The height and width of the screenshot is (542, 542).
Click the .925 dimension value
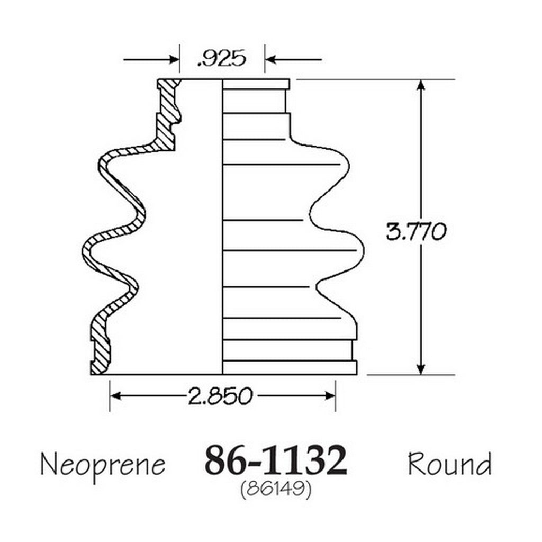coord(222,58)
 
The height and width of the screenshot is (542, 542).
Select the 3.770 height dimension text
coord(416,231)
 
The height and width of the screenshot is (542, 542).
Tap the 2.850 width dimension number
coord(220,396)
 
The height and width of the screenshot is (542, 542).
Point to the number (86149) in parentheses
coord(275,489)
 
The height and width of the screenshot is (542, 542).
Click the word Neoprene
coord(103,465)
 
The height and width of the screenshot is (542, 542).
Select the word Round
coord(449,464)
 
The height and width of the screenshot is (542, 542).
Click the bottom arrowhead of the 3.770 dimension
coord(421,369)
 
